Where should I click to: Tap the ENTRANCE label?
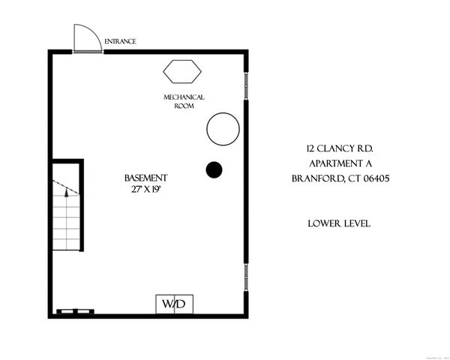point(120,41)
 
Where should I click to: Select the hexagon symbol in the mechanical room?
point(182,72)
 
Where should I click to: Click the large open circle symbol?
point(223,128)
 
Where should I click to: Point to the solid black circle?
point(214,169)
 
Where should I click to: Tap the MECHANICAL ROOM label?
point(184,102)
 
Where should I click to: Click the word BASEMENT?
point(145,178)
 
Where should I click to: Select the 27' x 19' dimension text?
point(145,190)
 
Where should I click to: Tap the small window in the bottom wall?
point(75,310)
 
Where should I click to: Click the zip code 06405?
point(377,178)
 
